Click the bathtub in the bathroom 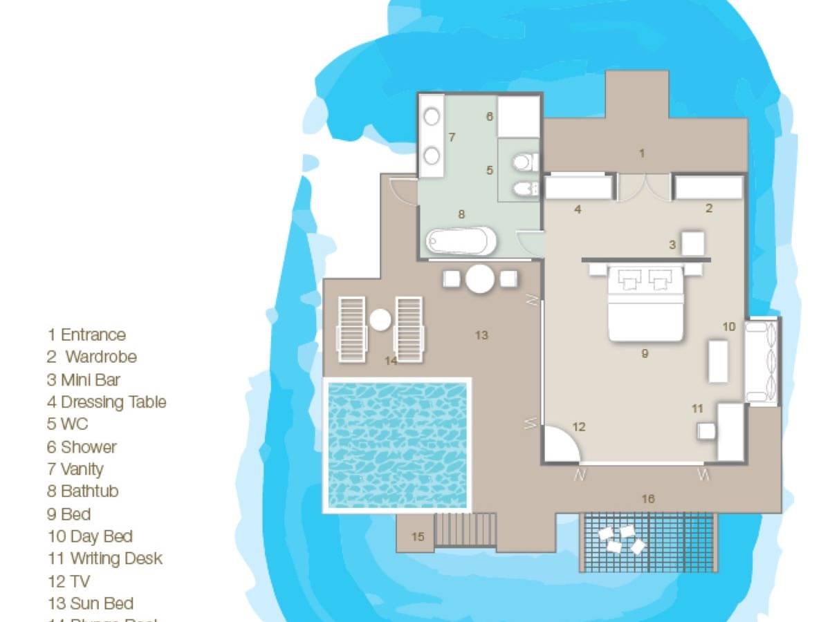pos(461,241)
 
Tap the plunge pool pos(398,445)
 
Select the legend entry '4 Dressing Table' pos(107,402)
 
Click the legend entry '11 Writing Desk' pos(104,558)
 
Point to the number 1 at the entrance pos(642,153)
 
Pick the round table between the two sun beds pos(380,319)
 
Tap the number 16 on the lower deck pos(648,498)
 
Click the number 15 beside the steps pos(418,536)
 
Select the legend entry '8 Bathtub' pos(82,491)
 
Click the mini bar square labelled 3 pos(693,243)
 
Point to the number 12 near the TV pos(579,427)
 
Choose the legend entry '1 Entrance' pos(86,335)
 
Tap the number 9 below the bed pos(645,353)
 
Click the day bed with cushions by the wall pos(762,361)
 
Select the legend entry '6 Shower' pos(82,446)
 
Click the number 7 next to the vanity pos(452,138)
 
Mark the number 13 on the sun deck pos(481,335)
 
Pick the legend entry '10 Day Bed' pos(90,536)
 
